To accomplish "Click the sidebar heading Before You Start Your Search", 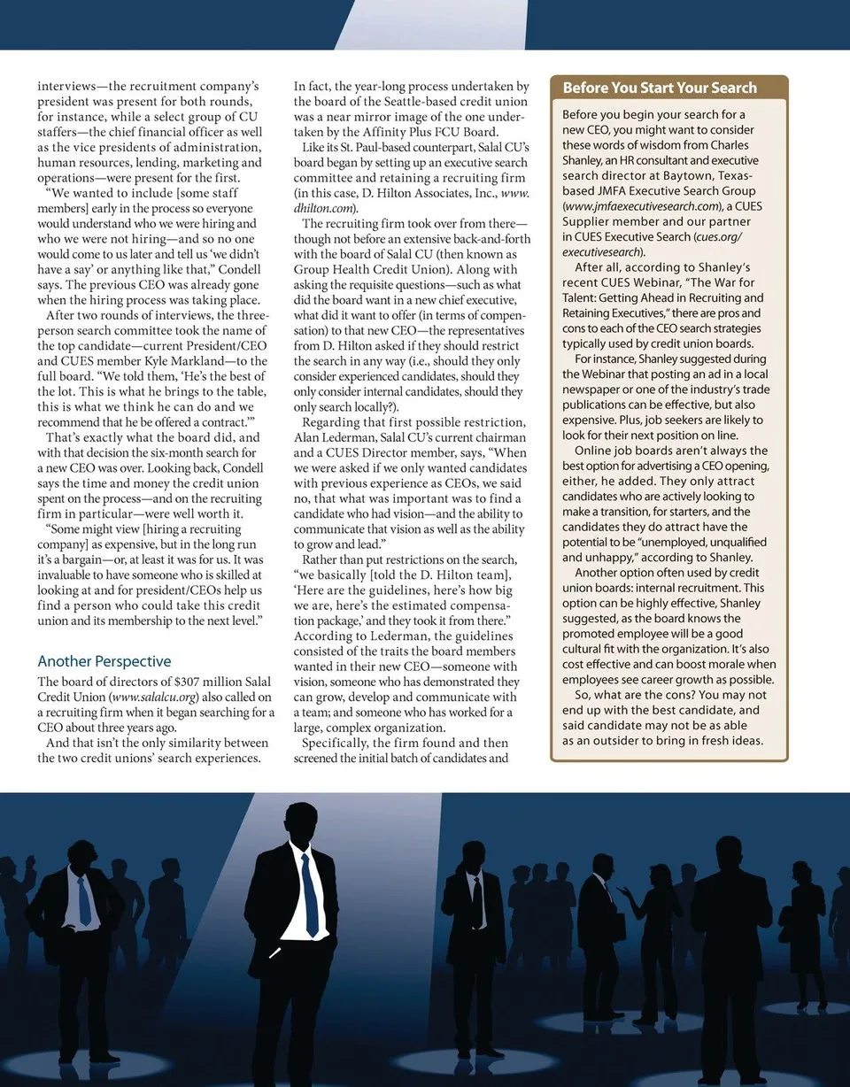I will click(660, 88).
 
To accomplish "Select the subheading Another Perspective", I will click(104, 661).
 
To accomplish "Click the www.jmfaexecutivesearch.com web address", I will click(637, 206).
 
